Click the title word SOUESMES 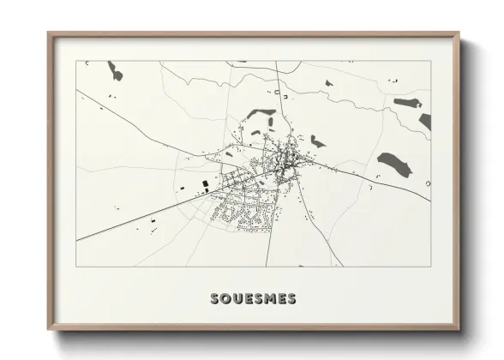coord(253,298)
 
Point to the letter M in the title coord(267,298)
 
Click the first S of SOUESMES coord(215,298)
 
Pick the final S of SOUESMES coord(291,298)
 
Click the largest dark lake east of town coord(393,161)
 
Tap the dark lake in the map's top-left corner coord(114,71)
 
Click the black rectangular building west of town coord(205,183)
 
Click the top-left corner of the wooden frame coord(49,33)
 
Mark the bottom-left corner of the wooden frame coord(49,330)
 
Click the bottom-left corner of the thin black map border coord(76,267)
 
